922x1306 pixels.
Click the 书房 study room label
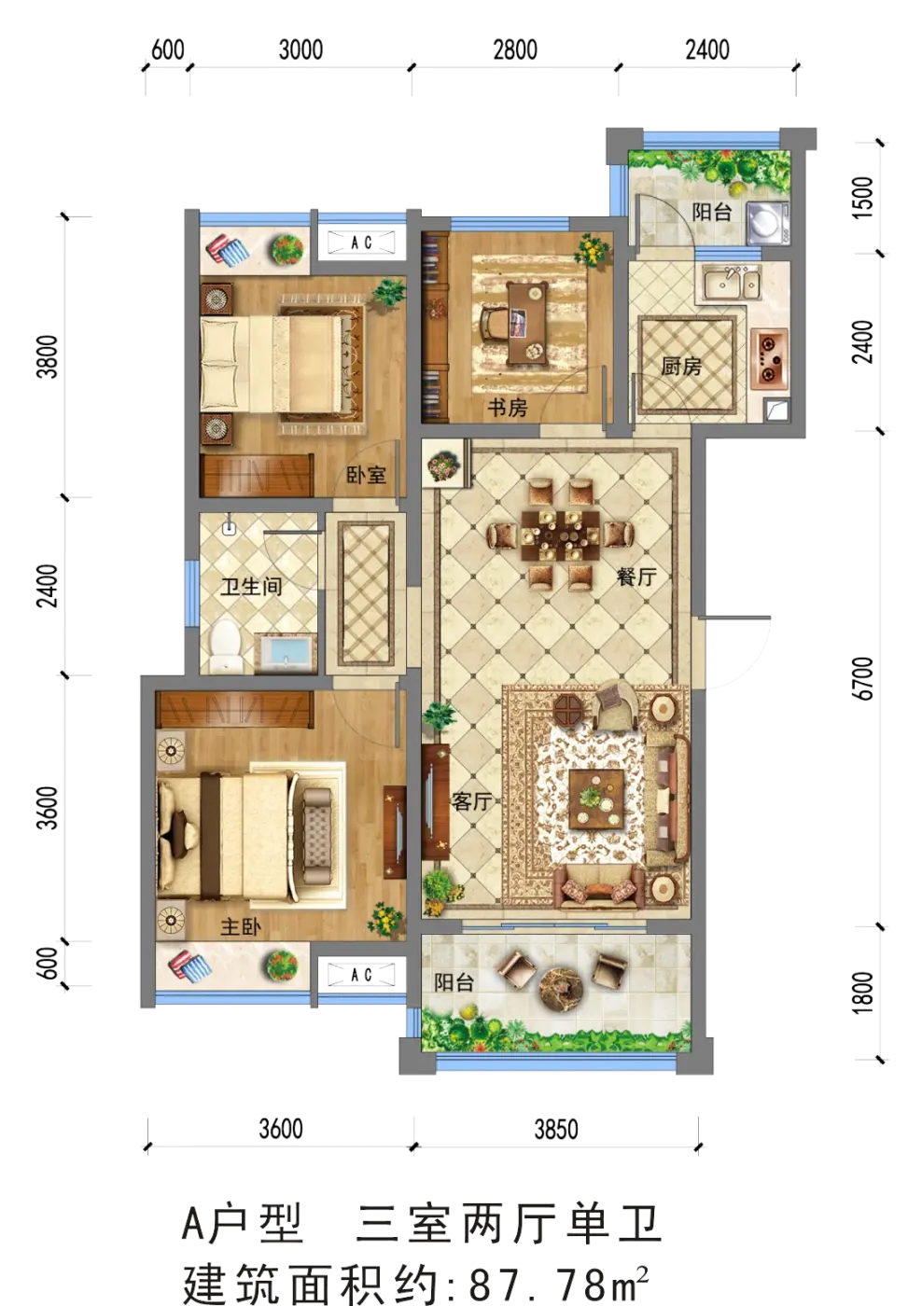[x=507, y=408]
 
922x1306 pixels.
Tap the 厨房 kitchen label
[x=681, y=366]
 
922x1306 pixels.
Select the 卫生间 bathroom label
[x=251, y=586]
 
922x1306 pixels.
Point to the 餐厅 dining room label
[x=636, y=577]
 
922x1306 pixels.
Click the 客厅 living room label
[x=470, y=801]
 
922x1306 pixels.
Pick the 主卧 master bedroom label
[x=240, y=926]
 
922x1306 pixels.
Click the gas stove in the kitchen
[x=769, y=358]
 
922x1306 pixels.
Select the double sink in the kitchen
[x=732, y=283]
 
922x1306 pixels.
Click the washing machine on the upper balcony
[x=767, y=222]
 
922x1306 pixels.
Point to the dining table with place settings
[x=560, y=534]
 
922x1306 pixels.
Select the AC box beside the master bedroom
[x=361, y=974]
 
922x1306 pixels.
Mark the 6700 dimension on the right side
[x=864, y=678]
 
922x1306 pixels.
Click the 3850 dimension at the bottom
[x=556, y=1130]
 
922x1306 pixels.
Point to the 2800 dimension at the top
[x=515, y=50]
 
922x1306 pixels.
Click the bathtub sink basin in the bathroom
[x=286, y=653]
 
